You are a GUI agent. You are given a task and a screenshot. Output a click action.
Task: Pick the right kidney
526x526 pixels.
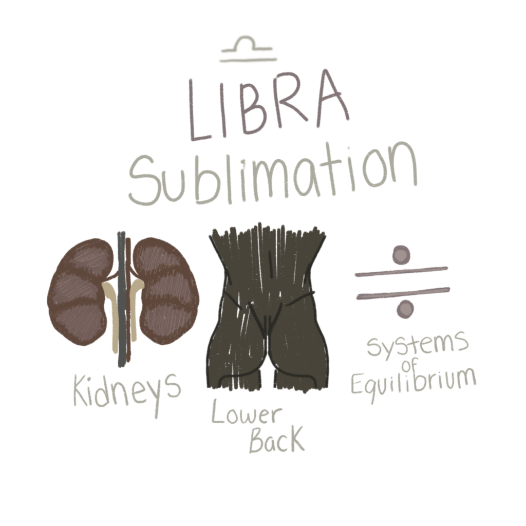[x=164, y=291]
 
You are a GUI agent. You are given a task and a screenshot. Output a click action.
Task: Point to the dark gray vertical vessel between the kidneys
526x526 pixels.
[x=121, y=298]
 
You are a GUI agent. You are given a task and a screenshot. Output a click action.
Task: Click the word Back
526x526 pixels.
[x=276, y=441]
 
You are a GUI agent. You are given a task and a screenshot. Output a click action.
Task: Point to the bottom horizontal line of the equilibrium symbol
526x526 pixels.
[x=403, y=293]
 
